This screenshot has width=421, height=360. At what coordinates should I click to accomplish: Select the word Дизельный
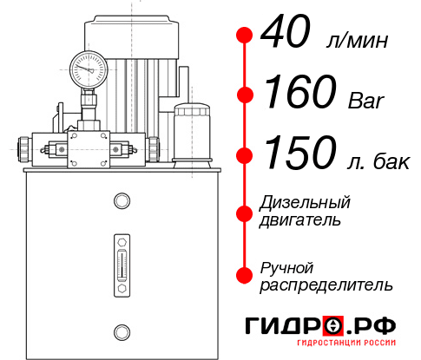coord(305,203)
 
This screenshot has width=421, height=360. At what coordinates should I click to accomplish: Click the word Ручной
coord(287,266)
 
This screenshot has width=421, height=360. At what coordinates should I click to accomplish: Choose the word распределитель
coord(326,285)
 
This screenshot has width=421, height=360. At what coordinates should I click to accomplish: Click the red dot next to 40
coord(245,36)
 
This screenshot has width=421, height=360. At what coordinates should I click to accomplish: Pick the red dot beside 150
coord(245,156)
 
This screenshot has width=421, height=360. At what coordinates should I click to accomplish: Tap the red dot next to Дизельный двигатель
coord(245,213)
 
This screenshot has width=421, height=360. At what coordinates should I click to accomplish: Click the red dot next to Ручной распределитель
coord(245,275)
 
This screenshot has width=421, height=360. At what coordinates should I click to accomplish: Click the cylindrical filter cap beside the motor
coord(190,131)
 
